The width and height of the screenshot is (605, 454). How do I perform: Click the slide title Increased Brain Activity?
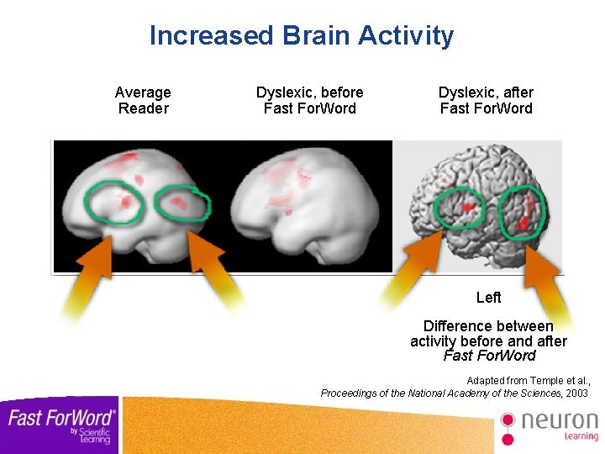pos(301,35)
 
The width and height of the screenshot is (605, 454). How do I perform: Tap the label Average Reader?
pos(143,100)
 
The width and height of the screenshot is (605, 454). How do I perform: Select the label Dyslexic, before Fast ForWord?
pos(309,100)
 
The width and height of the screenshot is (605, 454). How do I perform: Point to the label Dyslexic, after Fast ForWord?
pos(486,100)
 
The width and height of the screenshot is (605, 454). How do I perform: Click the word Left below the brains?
pos(488,298)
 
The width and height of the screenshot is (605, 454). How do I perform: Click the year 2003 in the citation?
pos(576,393)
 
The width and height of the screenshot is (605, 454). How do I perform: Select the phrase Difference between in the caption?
pos(488,326)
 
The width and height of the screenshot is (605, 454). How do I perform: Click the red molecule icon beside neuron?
pos(508,426)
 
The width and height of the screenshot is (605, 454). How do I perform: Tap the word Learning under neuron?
pos(581,436)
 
